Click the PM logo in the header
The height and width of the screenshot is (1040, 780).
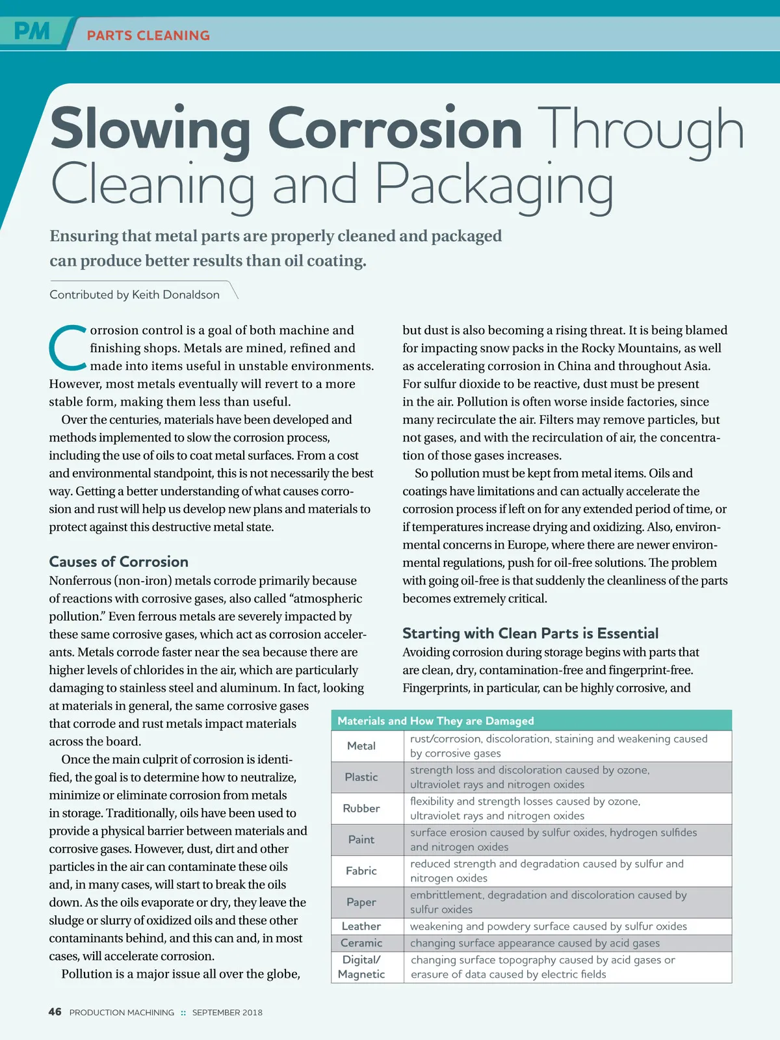tap(32, 31)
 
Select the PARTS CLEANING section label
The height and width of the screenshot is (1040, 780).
tap(148, 36)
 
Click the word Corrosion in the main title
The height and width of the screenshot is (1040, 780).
tap(395, 129)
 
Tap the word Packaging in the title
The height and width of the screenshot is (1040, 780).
tap(494, 186)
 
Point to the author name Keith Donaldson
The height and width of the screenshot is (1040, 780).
tap(175, 294)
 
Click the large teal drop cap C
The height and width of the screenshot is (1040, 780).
tap(67, 347)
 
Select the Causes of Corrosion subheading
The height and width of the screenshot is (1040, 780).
tap(119, 562)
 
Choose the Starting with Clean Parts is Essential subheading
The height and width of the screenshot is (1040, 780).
tap(530, 633)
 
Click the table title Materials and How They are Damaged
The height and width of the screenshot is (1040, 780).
tap(435, 721)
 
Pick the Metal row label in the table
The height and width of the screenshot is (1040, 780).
tap(361, 746)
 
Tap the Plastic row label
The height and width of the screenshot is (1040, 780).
tap(361, 777)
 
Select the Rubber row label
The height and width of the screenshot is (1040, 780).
tap(361, 809)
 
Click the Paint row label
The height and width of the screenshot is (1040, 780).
tap(361, 840)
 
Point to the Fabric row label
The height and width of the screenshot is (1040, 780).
tap(361, 871)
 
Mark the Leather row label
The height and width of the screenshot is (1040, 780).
tap(361, 926)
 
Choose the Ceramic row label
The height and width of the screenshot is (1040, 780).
tap(361, 943)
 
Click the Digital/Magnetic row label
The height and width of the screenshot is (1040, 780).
tap(361, 967)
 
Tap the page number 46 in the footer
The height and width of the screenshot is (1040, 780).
tap(55, 1012)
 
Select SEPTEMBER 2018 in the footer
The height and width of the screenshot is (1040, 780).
tap(227, 1013)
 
